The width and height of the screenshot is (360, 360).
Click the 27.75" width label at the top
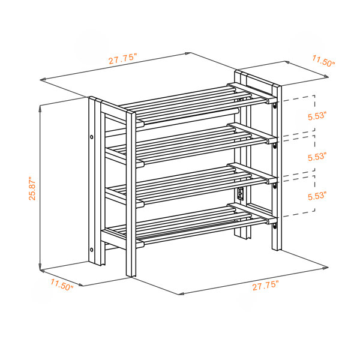click(x=122, y=59)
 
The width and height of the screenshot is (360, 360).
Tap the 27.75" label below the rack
click(x=266, y=286)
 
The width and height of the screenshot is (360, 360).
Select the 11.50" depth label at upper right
click(x=323, y=61)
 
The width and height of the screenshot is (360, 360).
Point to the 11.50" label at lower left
click(x=62, y=284)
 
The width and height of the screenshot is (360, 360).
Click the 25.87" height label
click(x=32, y=188)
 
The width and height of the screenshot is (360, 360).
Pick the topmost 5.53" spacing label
click(x=317, y=116)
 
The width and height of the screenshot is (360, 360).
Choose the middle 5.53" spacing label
click(x=317, y=157)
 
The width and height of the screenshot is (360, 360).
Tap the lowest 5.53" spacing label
click(x=317, y=196)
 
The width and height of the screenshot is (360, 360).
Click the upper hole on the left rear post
click(x=92, y=137)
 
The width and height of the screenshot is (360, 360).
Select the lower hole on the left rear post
click(x=92, y=250)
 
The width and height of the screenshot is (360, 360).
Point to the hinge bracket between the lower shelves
click(x=241, y=193)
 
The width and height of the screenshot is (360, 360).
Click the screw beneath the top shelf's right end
click(x=275, y=106)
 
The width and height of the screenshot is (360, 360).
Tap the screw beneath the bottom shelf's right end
click(x=275, y=227)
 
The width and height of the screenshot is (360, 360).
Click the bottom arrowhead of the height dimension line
click(x=40, y=269)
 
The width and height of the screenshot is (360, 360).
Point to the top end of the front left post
click(x=131, y=113)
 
